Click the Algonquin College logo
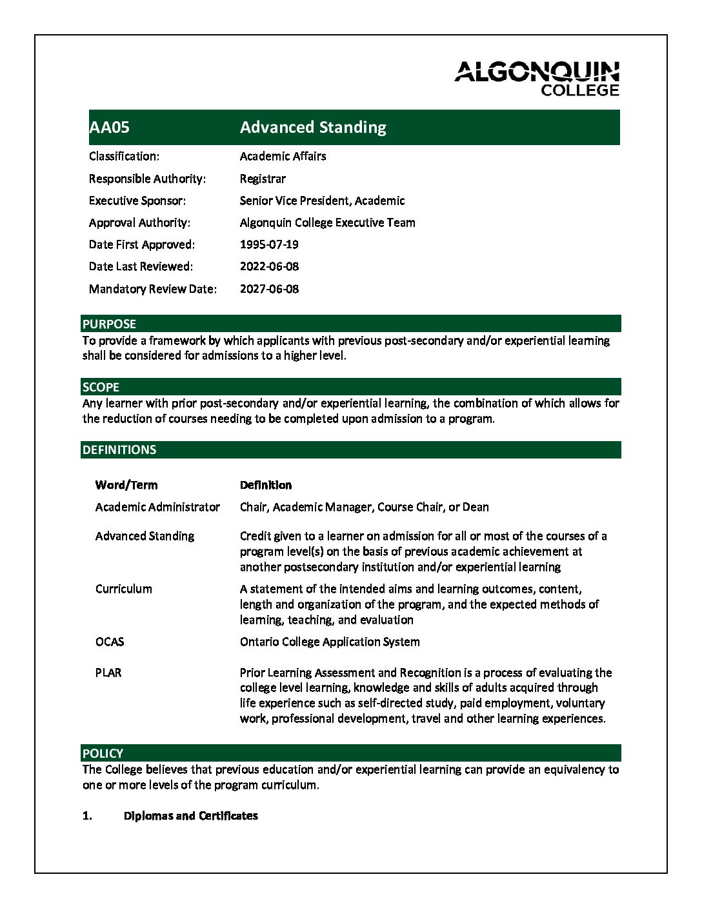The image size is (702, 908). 537,79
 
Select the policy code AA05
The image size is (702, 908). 110,127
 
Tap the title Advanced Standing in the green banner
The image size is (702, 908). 313,127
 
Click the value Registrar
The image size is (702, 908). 263,179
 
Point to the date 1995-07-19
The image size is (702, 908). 269,244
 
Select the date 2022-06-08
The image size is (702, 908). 269,266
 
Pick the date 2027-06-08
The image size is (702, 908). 269,289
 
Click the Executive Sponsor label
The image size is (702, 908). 137,201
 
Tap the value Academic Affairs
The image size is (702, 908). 283,156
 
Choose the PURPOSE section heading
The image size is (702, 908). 110,324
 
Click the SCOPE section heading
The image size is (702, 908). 101,387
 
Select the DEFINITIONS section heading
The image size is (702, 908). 119,449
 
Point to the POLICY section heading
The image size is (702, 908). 103,753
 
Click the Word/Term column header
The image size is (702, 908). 126,485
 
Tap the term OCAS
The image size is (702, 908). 110,642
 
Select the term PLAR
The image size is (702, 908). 108,673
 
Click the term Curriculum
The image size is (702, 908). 124,589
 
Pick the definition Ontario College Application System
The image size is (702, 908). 330,642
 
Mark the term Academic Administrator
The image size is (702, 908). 157,507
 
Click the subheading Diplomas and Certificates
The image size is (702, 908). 190,816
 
